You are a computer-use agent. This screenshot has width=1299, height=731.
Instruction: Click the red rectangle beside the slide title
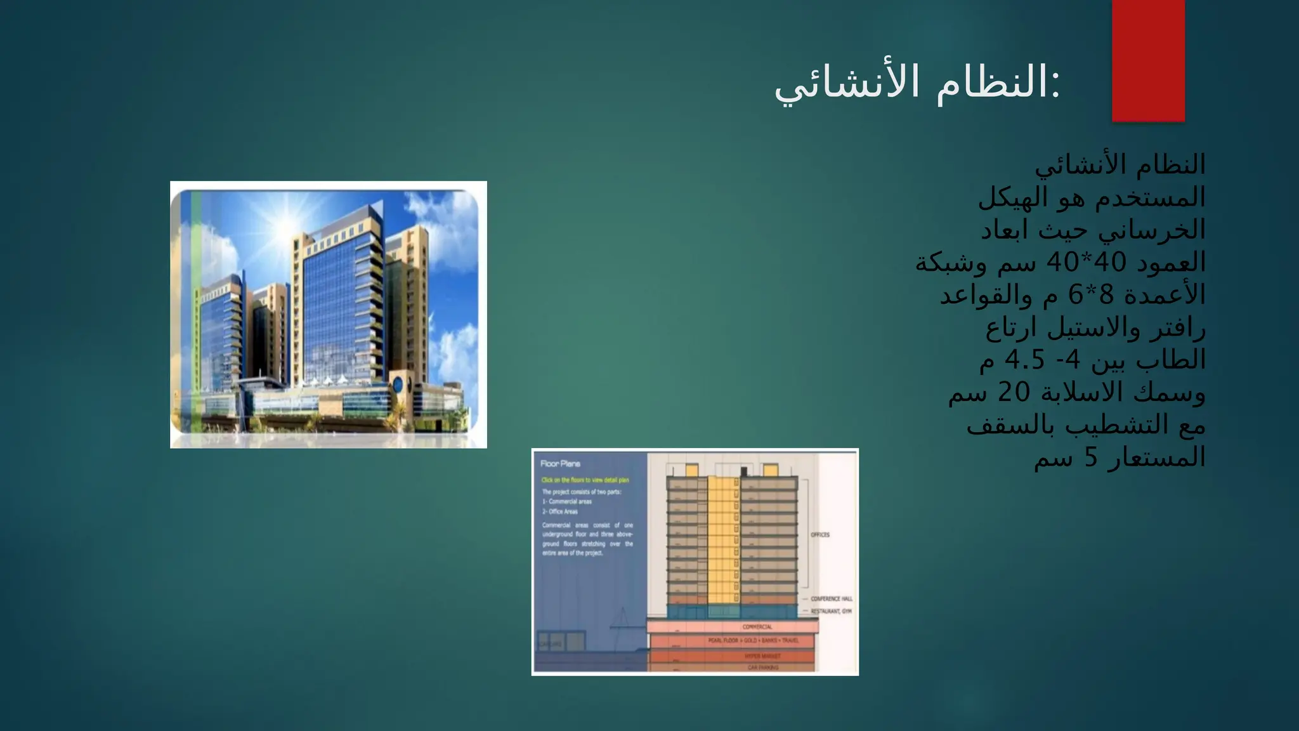1148,60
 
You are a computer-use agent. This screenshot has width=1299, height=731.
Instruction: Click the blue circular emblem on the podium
398,384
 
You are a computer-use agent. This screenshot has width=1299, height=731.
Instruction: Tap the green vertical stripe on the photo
196,311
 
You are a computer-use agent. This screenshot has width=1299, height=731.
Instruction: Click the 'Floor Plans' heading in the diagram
560,464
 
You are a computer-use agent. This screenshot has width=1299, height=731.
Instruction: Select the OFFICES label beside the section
820,535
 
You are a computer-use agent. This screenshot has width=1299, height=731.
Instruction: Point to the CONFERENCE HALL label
831,599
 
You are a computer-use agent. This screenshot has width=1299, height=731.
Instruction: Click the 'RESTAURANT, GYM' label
831,611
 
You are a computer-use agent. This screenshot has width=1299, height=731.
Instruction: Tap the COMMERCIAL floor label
757,627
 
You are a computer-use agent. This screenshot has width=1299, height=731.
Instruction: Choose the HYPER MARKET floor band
762,656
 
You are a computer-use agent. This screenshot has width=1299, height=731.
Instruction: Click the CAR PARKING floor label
762,668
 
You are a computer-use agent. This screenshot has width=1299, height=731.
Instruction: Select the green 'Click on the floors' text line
585,480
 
